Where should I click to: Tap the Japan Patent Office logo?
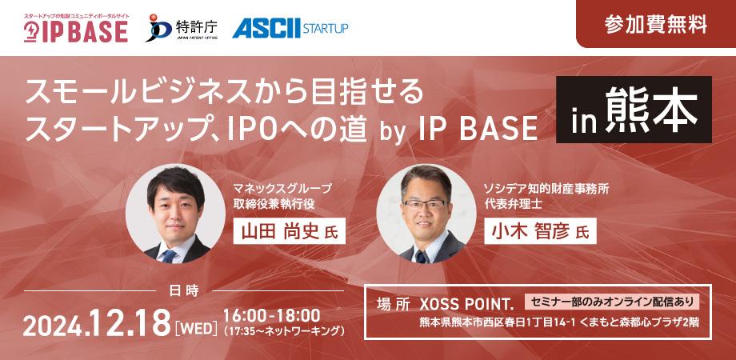pos(182,29)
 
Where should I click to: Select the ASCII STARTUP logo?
pos(290,29)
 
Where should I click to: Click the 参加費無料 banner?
pos(655,24)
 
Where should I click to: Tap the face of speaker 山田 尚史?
pos(170,210)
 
